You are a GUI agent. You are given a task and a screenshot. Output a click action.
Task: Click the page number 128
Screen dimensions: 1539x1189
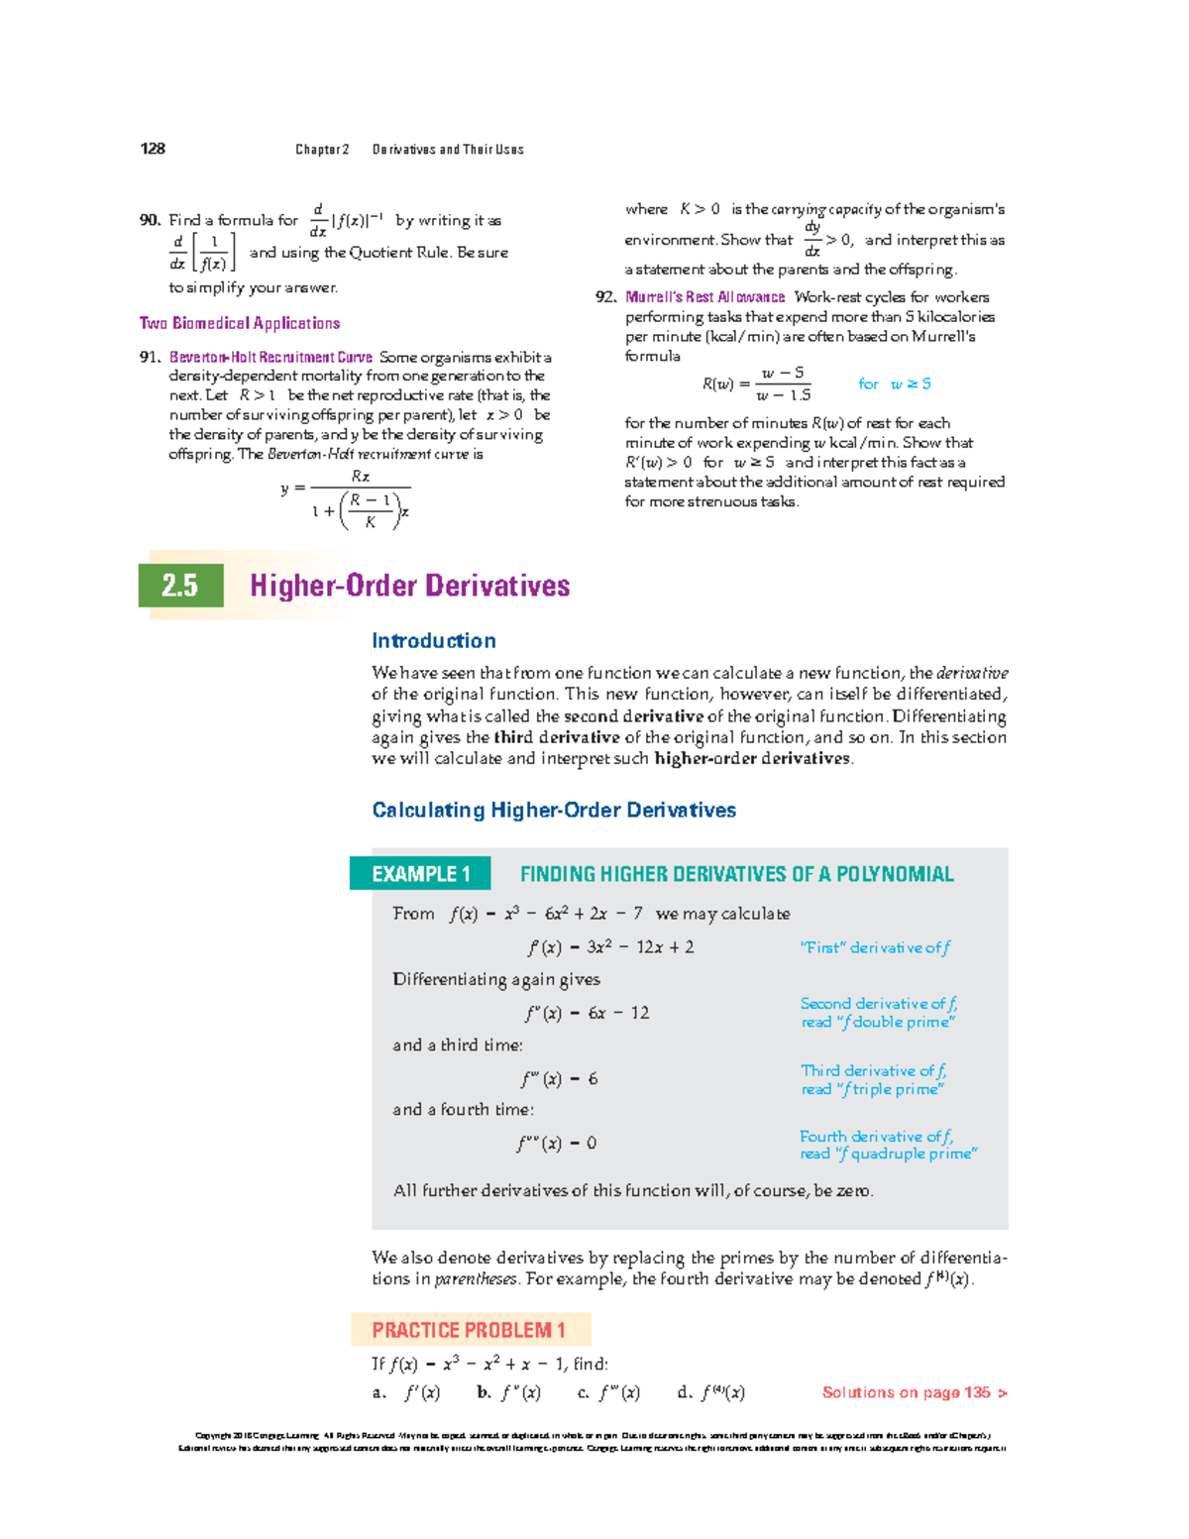[153, 149]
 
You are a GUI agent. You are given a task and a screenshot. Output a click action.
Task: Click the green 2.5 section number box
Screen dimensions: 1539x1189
[180, 586]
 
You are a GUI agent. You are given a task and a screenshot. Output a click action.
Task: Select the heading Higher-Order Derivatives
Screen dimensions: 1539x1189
[409, 586]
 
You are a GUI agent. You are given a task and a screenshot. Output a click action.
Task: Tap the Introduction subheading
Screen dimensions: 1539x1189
[434, 640]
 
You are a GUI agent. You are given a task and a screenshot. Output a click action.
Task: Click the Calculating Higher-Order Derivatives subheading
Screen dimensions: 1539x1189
[554, 810]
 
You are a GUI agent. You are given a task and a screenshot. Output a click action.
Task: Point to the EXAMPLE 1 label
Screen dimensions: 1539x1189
[421, 874]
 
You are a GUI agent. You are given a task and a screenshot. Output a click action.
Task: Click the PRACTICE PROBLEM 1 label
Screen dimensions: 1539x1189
[470, 1330]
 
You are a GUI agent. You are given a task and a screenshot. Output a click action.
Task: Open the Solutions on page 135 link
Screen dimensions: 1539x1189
[914, 1392]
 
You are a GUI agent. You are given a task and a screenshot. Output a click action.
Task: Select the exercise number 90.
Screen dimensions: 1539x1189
[150, 220]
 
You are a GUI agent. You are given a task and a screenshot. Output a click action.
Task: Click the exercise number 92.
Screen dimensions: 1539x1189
[605, 297]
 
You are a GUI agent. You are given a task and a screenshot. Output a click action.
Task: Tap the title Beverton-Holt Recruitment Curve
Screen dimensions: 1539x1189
[270, 357]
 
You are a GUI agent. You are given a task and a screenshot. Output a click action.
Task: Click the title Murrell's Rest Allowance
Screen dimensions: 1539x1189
[704, 297]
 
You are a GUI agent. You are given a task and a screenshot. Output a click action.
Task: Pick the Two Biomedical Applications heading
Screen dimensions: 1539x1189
[240, 323]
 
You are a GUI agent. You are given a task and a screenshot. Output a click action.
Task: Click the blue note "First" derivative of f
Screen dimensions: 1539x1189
[875, 947]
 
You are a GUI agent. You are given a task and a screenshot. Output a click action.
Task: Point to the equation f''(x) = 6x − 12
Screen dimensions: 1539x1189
[587, 1013]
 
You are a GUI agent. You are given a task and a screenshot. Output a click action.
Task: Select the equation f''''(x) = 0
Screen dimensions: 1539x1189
[556, 1143]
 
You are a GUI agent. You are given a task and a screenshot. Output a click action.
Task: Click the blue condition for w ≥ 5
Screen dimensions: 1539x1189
[895, 384]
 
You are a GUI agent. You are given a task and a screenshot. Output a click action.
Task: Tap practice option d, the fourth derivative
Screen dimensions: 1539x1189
[711, 1392]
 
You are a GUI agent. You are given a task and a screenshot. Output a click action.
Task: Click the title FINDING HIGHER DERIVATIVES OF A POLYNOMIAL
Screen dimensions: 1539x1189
[736, 874]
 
